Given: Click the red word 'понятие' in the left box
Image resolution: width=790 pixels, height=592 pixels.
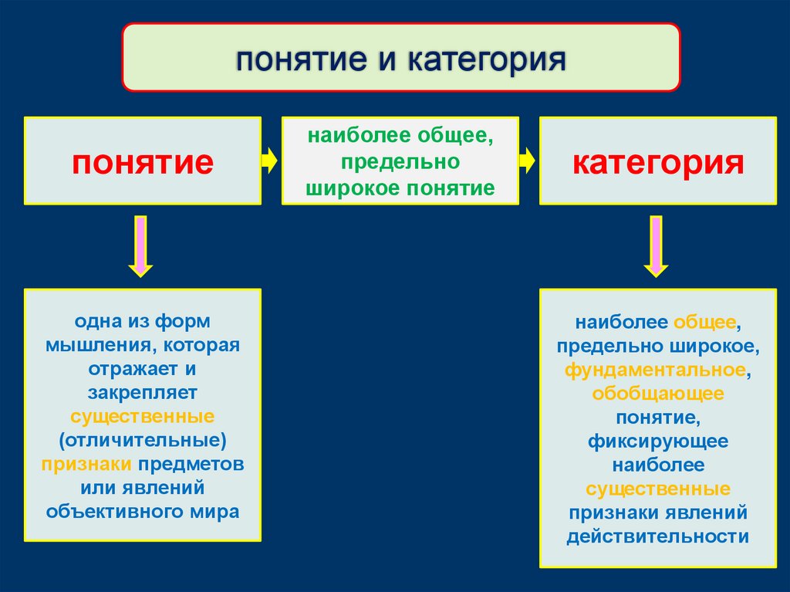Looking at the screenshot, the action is pyautogui.click(x=143, y=163).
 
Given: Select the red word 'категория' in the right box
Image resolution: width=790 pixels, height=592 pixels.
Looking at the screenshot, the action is pyautogui.click(x=658, y=163).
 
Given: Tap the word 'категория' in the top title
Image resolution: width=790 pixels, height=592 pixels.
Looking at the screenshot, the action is pyautogui.click(x=486, y=59).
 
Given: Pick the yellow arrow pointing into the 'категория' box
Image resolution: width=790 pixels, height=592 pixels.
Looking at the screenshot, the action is pyautogui.click(x=527, y=161).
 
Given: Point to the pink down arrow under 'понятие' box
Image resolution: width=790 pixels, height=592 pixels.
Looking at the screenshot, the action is pyautogui.click(x=140, y=245).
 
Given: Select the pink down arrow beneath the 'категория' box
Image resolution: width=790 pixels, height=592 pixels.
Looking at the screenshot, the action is pyautogui.click(x=656, y=245).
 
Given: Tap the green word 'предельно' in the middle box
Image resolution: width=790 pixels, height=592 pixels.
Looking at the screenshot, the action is pyautogui.click(x=400, y=164).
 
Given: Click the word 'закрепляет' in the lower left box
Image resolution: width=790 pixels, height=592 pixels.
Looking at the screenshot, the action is pyautogui.click(x=142, y=393).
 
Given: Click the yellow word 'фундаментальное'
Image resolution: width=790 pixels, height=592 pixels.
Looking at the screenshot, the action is pyautogui.click(x=655, y=370).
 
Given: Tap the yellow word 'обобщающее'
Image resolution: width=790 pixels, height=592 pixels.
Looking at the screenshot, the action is pyautogui.click(x=658, y=394).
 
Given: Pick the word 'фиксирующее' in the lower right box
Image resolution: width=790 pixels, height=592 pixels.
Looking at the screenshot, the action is pyautogui.click(x=658, y=441).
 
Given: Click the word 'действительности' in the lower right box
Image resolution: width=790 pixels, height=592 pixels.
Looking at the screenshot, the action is pyautogui.click(x=658, y=536).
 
